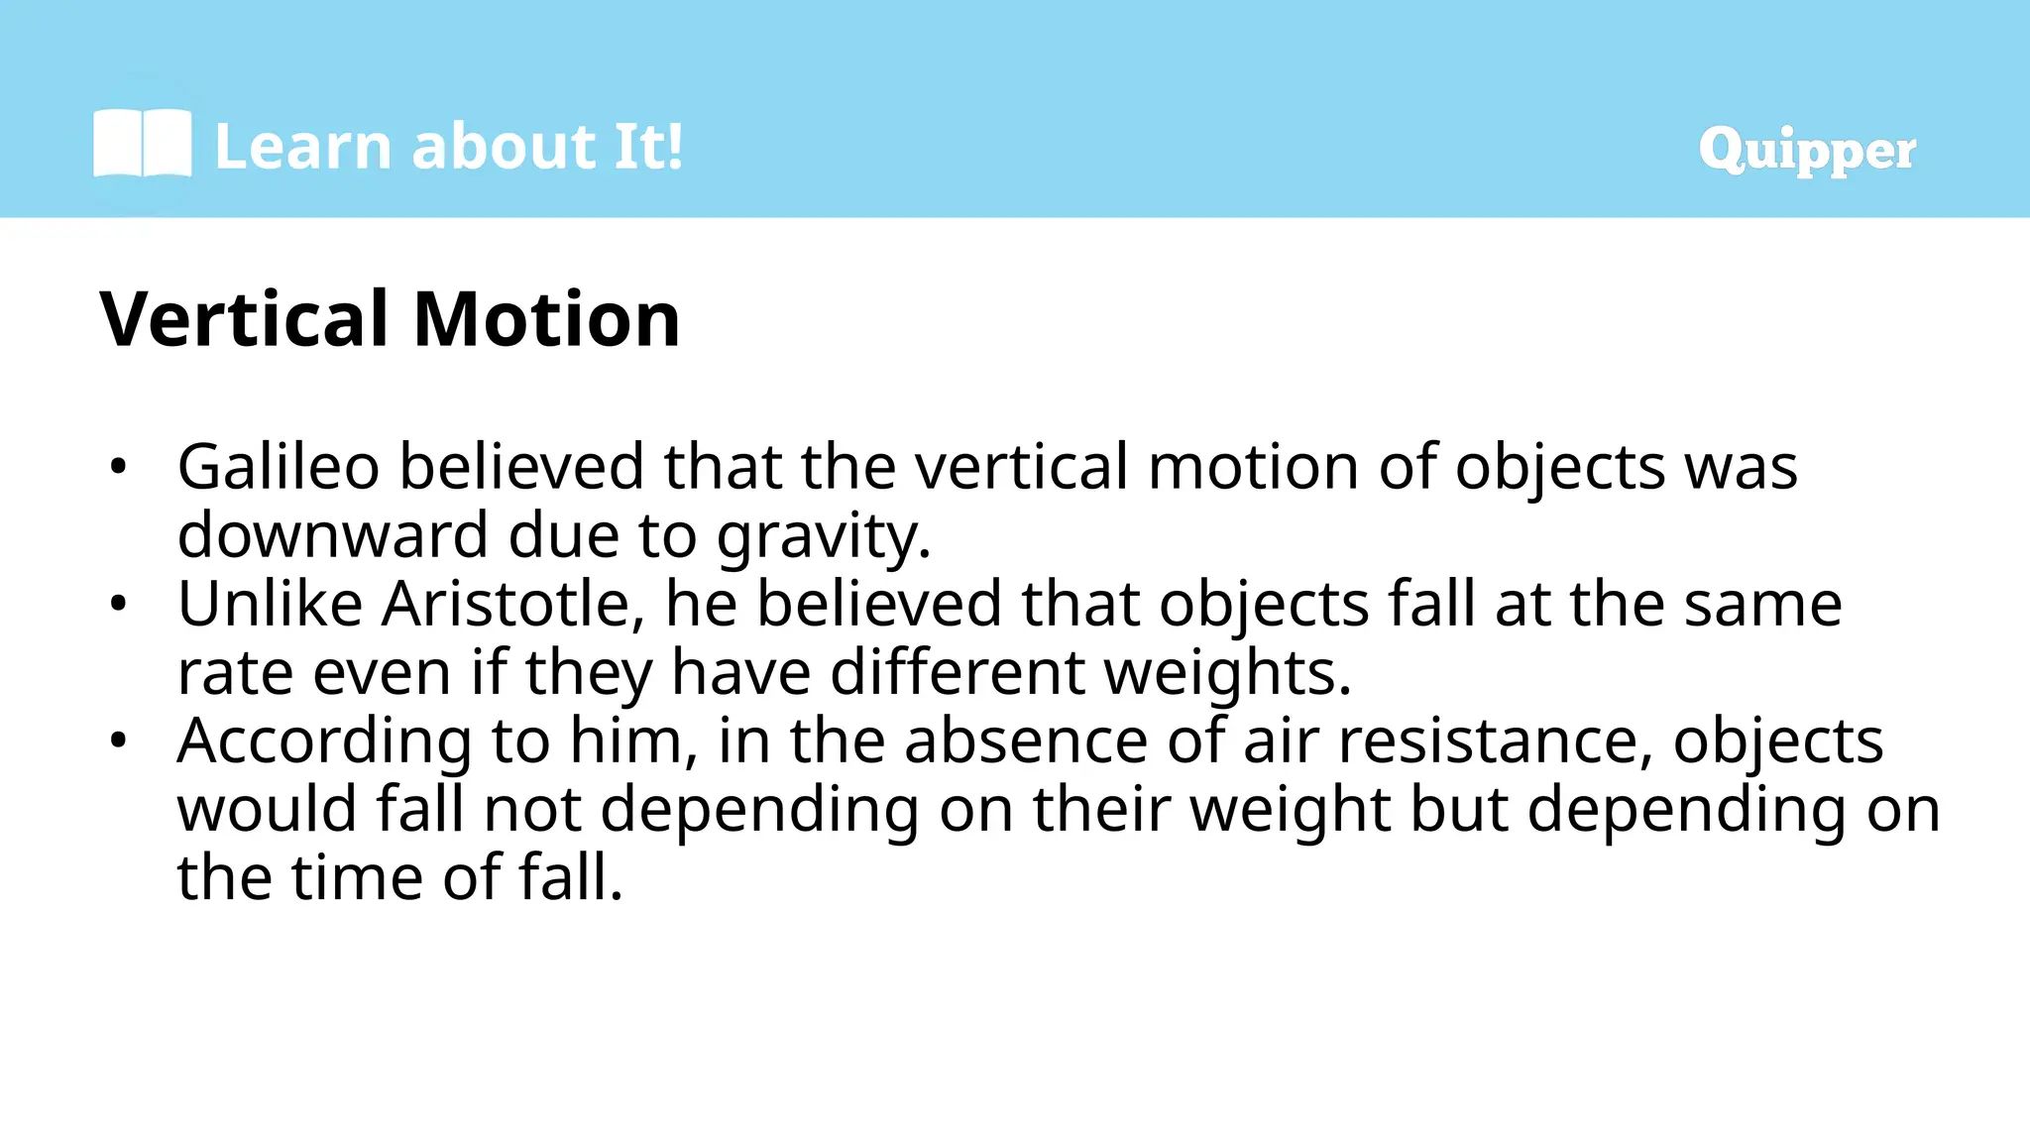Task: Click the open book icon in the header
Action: tap(142, 145)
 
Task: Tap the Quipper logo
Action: tap(1806, 150)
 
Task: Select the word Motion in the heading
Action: tap(546, 319)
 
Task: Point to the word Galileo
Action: tap(279, 466)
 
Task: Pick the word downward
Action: tap(333, 535)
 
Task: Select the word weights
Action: tap(1227, 672)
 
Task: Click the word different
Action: tap(957, 672)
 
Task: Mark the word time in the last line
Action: tap(357, 877)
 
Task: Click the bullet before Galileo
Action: tap(119, 466)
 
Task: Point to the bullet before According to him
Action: tap(119, 741)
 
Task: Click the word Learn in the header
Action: tap(303, 147)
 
